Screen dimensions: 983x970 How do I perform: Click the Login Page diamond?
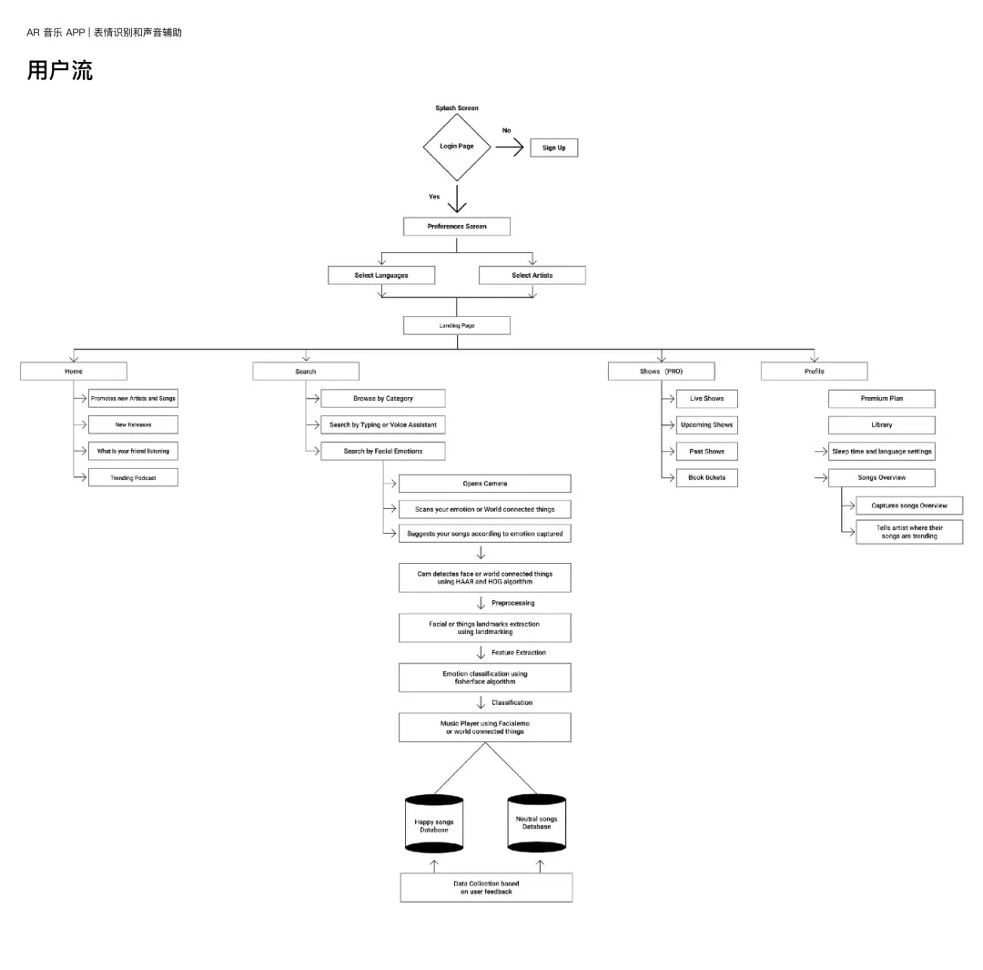(456, 148)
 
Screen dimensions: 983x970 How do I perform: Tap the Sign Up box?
(553, 148)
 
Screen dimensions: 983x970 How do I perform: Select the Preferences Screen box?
(456, 227)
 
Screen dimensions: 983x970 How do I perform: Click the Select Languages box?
(381, 275)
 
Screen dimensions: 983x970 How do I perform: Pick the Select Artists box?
(532, 275)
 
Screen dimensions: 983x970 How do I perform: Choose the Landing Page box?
(456, 326)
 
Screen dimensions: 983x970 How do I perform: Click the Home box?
(74, 372)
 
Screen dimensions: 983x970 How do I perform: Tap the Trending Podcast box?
(133, 477)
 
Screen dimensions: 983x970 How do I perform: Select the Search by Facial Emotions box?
(383, 451)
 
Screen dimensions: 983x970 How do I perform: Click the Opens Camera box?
(484, 484)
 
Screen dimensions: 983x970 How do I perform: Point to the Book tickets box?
(706, 477)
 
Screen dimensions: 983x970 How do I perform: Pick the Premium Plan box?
(881, 398)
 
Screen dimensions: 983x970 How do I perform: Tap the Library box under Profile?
(881, 424)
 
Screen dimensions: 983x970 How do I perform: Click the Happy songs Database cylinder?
(434, 824)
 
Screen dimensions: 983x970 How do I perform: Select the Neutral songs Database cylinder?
(537, 822)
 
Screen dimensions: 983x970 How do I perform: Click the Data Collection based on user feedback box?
(486, 887)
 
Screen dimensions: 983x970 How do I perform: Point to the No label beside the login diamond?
(507, 130)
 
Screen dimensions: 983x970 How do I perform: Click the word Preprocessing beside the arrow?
(512, 603)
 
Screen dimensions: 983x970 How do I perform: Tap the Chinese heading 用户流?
(59, 70)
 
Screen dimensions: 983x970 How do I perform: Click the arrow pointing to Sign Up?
(509, 148)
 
